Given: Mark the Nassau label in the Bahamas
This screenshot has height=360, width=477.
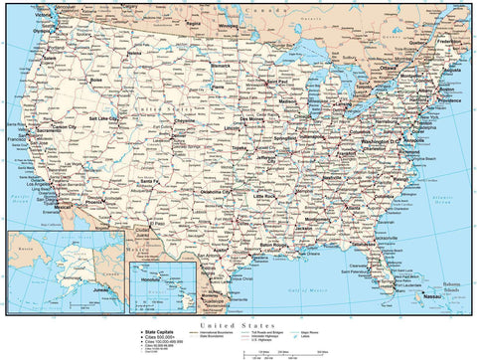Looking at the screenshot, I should click(x=429, y=297).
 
